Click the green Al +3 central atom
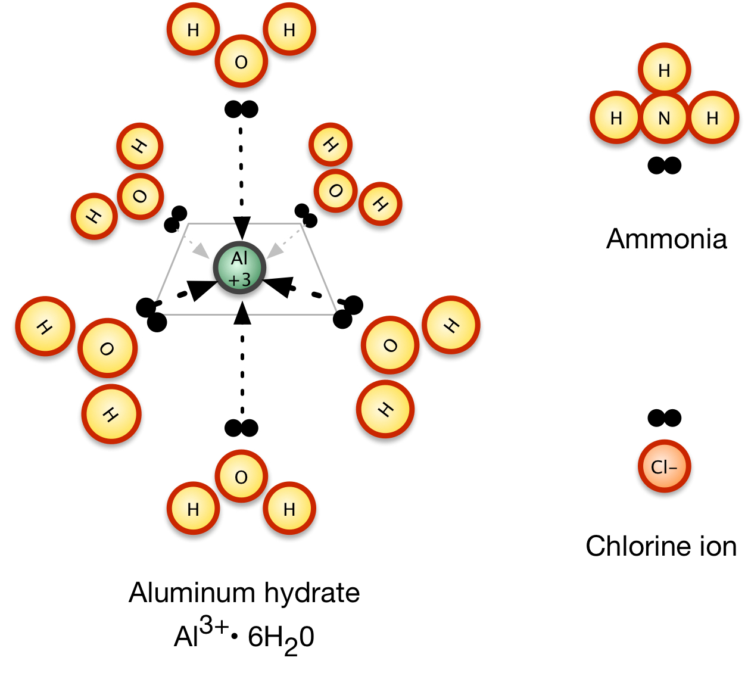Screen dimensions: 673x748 pos(239,268)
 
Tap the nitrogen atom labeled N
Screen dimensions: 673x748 pos(664,118)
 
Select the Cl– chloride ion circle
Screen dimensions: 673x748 pos(664,466)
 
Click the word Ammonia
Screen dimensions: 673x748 pos(666,239)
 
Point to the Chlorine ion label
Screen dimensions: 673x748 pos(661,546)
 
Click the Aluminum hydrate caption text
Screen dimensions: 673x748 pos(244,593)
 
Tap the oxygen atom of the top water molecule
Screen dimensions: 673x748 pos(241,62)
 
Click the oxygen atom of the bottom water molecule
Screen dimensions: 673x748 pos(241,477)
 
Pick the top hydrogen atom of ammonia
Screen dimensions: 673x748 pos(664,70)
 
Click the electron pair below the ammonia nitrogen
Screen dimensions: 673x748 pos(664,166)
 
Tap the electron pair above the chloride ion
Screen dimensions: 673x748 pos(664,418)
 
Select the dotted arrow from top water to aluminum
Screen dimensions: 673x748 pos(241,179)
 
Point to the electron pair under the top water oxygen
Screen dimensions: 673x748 pos(241,109)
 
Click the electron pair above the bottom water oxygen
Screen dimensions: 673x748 pos(241,428)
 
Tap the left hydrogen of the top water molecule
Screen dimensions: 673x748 pos(193,30)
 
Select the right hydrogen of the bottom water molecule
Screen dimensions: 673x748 pos(289,509)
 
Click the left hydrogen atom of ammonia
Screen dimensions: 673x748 pos(616,118)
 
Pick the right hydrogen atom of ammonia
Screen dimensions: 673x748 pos(712,118)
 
